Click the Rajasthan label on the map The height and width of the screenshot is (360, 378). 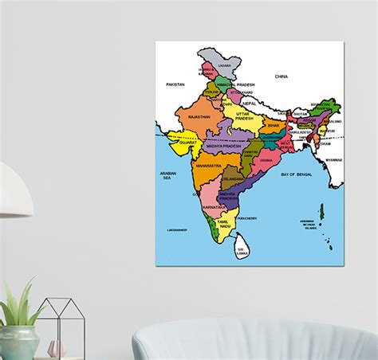tap(199, 116)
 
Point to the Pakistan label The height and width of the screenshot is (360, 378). tap(175, 84)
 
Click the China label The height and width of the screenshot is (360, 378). tap(281, 76)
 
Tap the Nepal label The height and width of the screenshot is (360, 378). tap(249, 104)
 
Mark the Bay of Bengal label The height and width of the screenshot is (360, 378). tap(299, 174)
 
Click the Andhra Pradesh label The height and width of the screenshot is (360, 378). tap(227, 197)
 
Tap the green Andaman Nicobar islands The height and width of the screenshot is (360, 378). tap(322, 212)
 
